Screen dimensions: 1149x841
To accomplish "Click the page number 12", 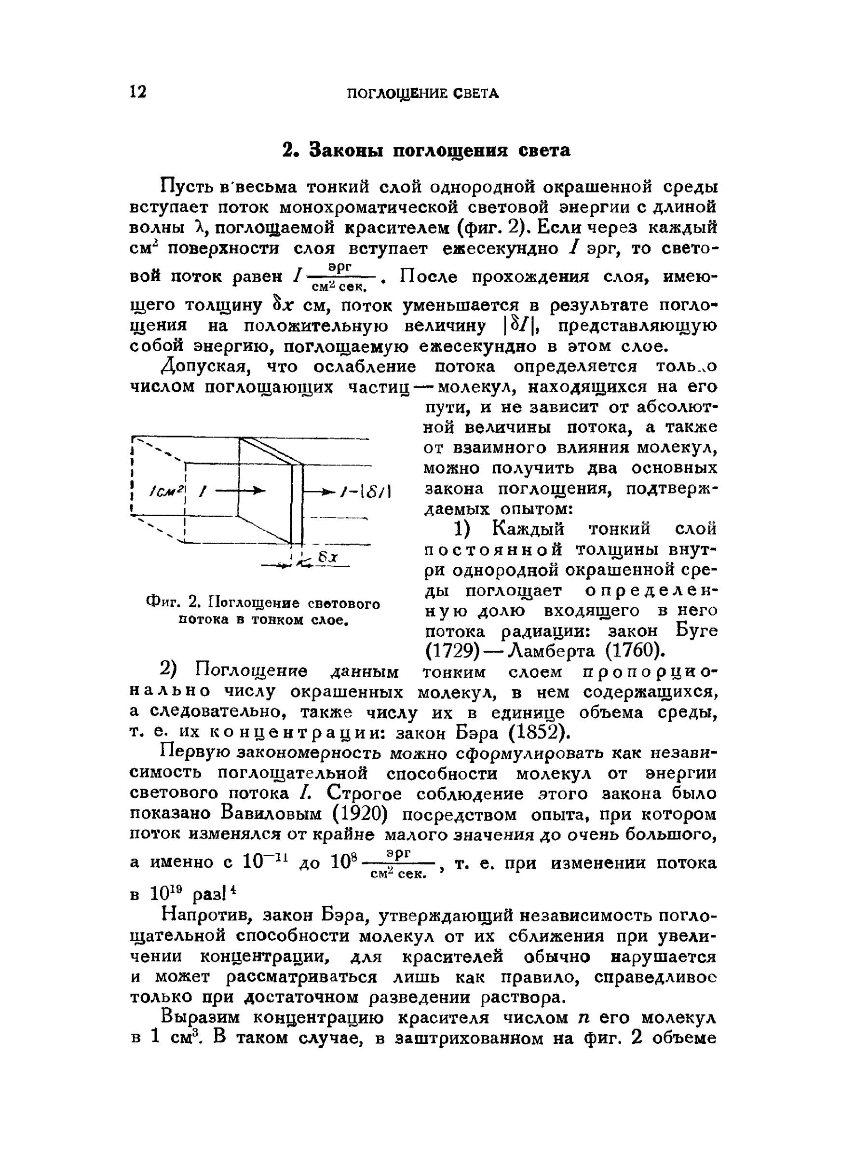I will pyautogui.click(x=138, y=92).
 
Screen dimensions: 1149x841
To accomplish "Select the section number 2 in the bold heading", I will pyautogui.click(x=289, y=151).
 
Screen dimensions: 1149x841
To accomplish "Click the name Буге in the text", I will pyautogui.click(x=696, y=631).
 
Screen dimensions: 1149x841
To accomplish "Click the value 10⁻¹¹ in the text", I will pyautogui.click(x=266, y=862).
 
